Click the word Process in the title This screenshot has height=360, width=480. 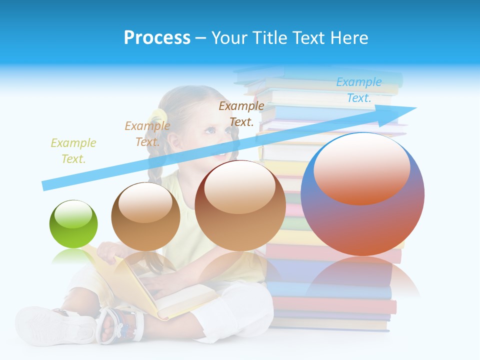(157, 37)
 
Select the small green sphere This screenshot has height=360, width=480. (73, 224)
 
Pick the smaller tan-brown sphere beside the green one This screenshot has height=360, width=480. (145, 217)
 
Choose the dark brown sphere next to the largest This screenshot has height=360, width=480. (240, 206)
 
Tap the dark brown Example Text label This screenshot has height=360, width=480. (241, 113)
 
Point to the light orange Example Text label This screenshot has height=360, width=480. (147, 133)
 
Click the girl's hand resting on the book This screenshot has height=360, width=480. (108, 253)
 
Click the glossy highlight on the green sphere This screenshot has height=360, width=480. (73, 214)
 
